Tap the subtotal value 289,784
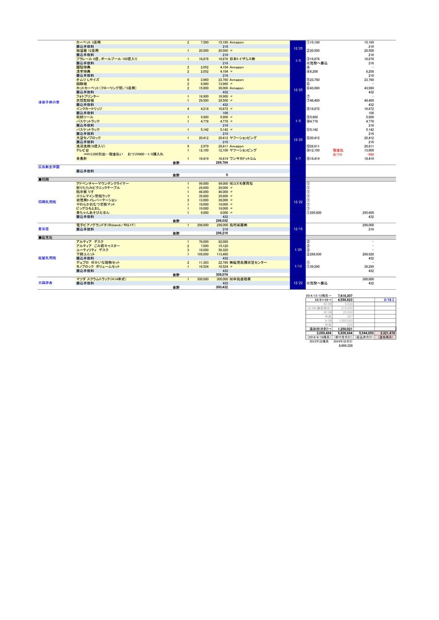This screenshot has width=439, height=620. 222,163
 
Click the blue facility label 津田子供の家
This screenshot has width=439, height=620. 49,103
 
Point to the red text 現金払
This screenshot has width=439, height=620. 338,150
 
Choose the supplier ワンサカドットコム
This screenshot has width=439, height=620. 243,158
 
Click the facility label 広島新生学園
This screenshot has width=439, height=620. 49,167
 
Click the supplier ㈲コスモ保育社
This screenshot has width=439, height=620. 241,184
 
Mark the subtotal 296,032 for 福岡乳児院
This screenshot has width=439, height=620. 222,220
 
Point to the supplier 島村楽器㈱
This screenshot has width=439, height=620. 239,225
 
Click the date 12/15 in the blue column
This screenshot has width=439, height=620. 298,229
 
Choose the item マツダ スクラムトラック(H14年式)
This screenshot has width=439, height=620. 101,279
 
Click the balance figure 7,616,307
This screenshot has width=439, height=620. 345,295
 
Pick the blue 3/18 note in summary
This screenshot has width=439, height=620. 389,300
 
